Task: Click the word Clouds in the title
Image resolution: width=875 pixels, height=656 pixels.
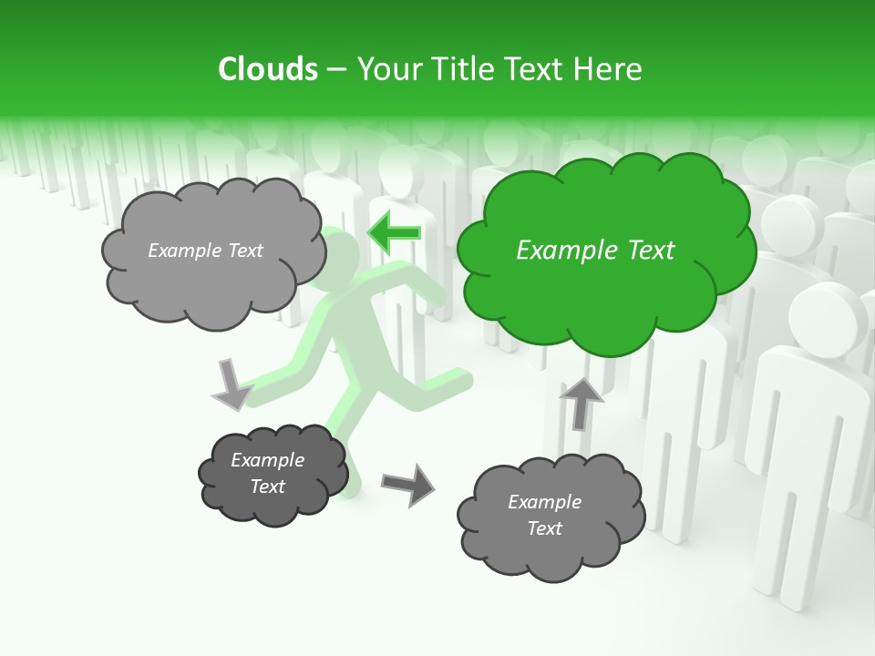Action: (268, 69)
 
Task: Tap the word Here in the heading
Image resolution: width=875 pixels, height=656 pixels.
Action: (610, 69)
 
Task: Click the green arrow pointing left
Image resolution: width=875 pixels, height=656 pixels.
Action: (394, 233)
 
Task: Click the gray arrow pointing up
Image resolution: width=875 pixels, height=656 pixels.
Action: (580, 402)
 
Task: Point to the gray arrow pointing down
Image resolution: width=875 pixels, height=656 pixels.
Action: (232, 384)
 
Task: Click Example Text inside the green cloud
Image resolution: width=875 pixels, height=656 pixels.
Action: (595, 251)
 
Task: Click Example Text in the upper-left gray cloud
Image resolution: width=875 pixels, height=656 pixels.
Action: (205, 251)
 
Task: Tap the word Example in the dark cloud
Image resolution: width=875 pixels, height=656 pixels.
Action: (267, 460)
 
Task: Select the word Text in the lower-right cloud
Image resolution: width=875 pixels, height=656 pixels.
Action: (544, 528)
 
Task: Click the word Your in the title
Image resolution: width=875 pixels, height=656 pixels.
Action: (386, 69)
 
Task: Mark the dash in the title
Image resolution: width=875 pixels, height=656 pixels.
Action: (336, 70)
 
